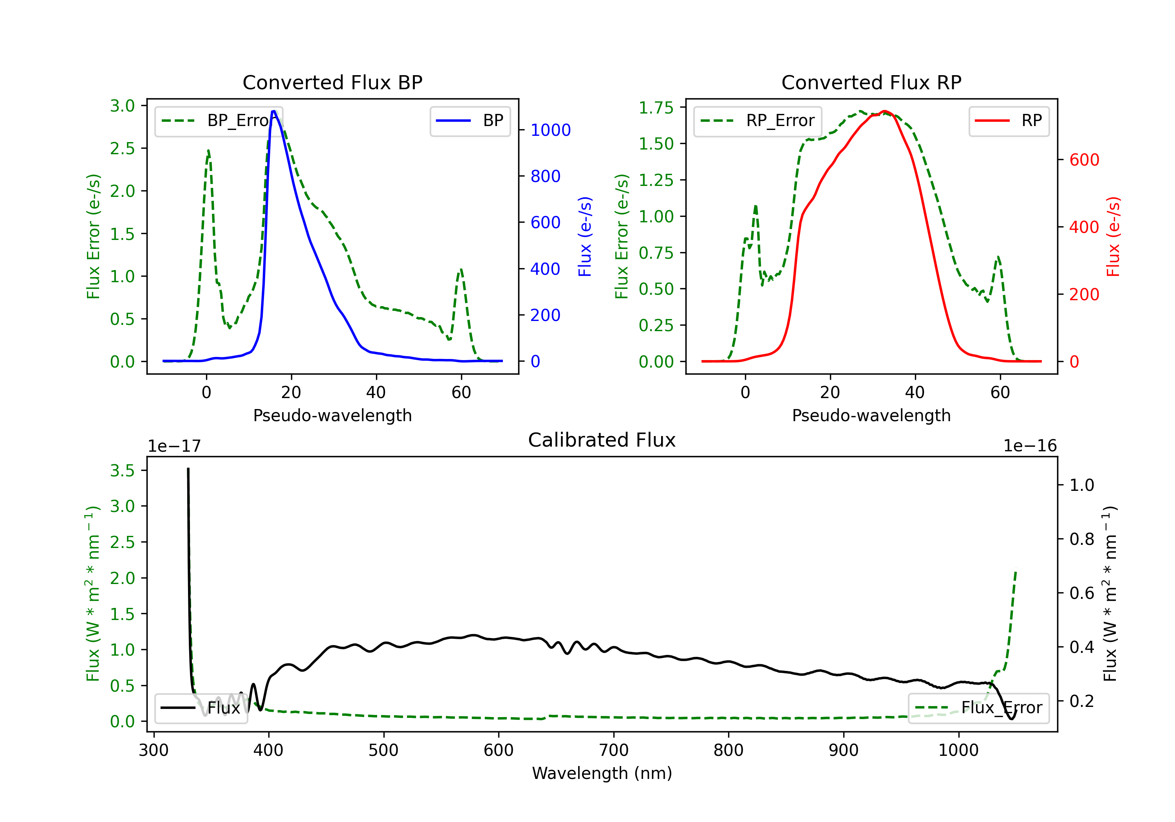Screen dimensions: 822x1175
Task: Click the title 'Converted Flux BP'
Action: click(332, 82)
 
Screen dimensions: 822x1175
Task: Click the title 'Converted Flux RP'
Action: click(871, 82)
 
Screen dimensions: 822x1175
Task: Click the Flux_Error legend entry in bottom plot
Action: click(978, 708)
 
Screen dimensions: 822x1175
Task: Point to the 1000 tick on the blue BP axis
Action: click(550, 130)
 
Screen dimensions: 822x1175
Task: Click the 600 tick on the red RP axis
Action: click(1084, 160)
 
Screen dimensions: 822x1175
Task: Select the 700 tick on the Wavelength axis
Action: click(613, 750)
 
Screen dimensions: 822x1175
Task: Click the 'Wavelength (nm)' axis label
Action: click(602, 773)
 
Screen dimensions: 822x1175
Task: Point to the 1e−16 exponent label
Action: click(1030, 446)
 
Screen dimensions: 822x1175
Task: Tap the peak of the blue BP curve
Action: click(274, 111)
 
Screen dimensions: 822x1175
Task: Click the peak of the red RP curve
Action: click(885, 111)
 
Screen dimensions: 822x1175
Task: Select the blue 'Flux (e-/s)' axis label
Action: click(585, 236)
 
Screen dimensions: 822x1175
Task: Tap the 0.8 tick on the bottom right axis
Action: click(1081, 539)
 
